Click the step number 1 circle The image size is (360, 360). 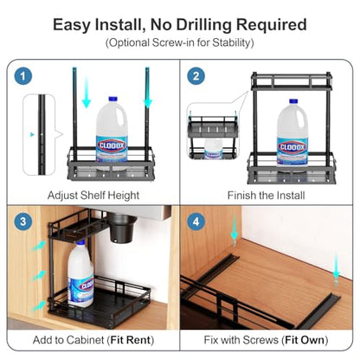coord(23,76)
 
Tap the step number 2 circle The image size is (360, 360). coord(196,76)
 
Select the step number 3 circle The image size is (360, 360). coord(23,222)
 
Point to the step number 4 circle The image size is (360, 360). coord(196,222)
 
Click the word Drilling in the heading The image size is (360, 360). coord(204,25)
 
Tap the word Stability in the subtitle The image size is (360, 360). coord(232,42)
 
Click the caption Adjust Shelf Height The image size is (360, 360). coord(93,196)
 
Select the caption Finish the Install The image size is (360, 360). coord(266,196)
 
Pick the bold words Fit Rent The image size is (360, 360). coord(131,340)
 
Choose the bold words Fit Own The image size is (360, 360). coord(305,340)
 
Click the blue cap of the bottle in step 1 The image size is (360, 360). coord(112,99)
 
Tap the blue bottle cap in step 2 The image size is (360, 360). coord(293,101)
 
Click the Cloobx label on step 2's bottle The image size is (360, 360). coord(292,147)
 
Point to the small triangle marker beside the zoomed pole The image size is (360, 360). coord(32,134)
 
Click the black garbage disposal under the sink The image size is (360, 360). coord(122,228)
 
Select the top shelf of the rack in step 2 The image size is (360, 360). coord(292,82)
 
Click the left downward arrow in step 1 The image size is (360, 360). coord(87,92)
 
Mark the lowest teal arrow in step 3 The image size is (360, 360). coord(39,305)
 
